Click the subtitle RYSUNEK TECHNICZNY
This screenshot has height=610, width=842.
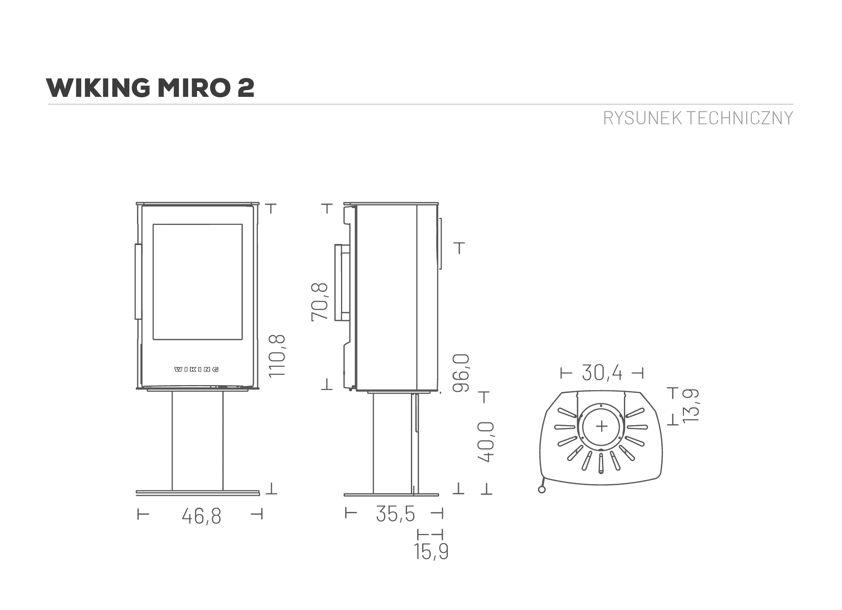(698, 118)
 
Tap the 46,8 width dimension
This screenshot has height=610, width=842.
(201, 516)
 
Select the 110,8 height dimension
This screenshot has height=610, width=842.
(277, 356)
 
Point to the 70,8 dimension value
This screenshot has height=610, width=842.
(319, 302)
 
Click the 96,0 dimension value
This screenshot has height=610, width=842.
(461, 373)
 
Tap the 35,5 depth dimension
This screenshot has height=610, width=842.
(395, 514)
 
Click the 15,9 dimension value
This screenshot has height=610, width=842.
(431, 552)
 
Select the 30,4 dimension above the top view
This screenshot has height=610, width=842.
(602, 373)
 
